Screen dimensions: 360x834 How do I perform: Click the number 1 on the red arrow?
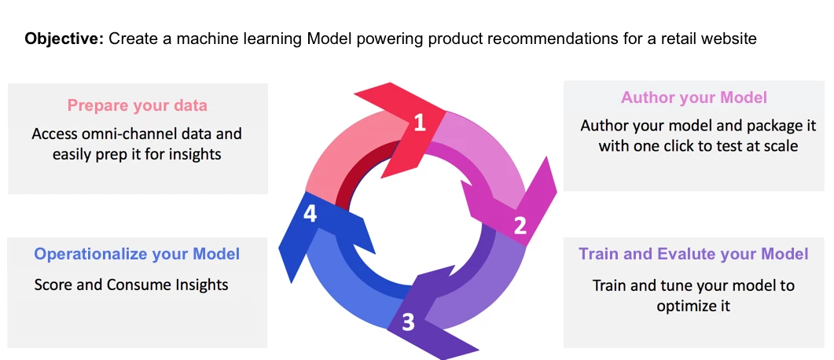point(419,123)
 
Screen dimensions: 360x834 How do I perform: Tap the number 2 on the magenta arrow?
point(520,226)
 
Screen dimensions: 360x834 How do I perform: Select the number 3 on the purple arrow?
point(408,322)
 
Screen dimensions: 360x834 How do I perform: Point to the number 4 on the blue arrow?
point(310,214)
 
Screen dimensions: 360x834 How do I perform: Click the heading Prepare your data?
point(137,105)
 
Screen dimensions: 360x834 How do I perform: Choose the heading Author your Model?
point(694,97)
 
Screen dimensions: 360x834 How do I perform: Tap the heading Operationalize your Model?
point(137,254)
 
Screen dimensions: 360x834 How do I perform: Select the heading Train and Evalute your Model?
point(693,254)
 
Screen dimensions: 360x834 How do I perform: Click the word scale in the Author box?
point(778,146)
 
